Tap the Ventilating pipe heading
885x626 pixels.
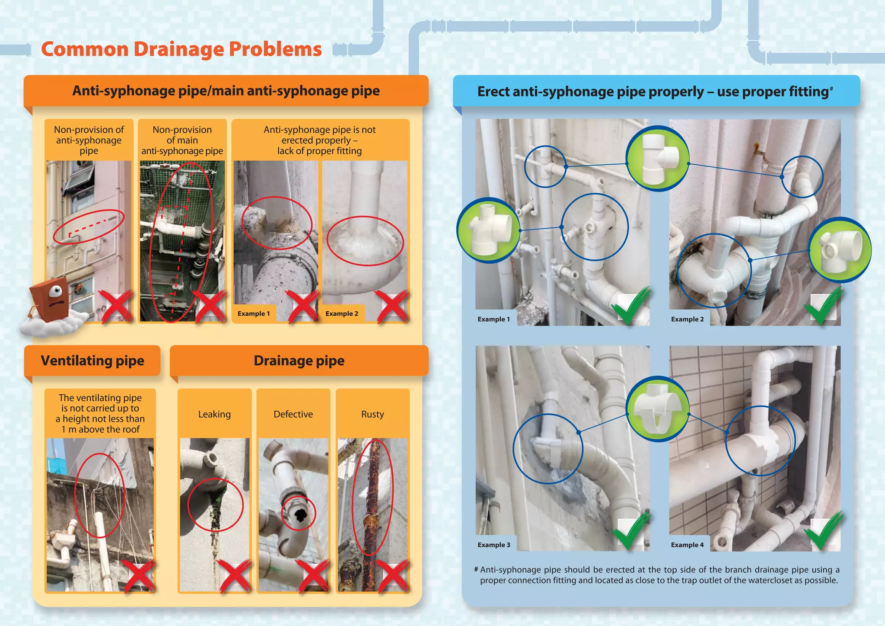point(92,361)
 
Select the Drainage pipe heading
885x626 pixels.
point(299,361)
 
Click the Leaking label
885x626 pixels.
point(214,414)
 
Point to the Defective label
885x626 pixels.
point(293,414)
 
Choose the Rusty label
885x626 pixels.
point(372,414)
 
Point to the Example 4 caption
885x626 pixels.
point(687,545)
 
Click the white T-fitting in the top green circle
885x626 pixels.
point(658,158)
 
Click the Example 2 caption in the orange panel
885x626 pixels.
point(341,313)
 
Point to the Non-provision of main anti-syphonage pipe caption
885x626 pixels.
point(182,140)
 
